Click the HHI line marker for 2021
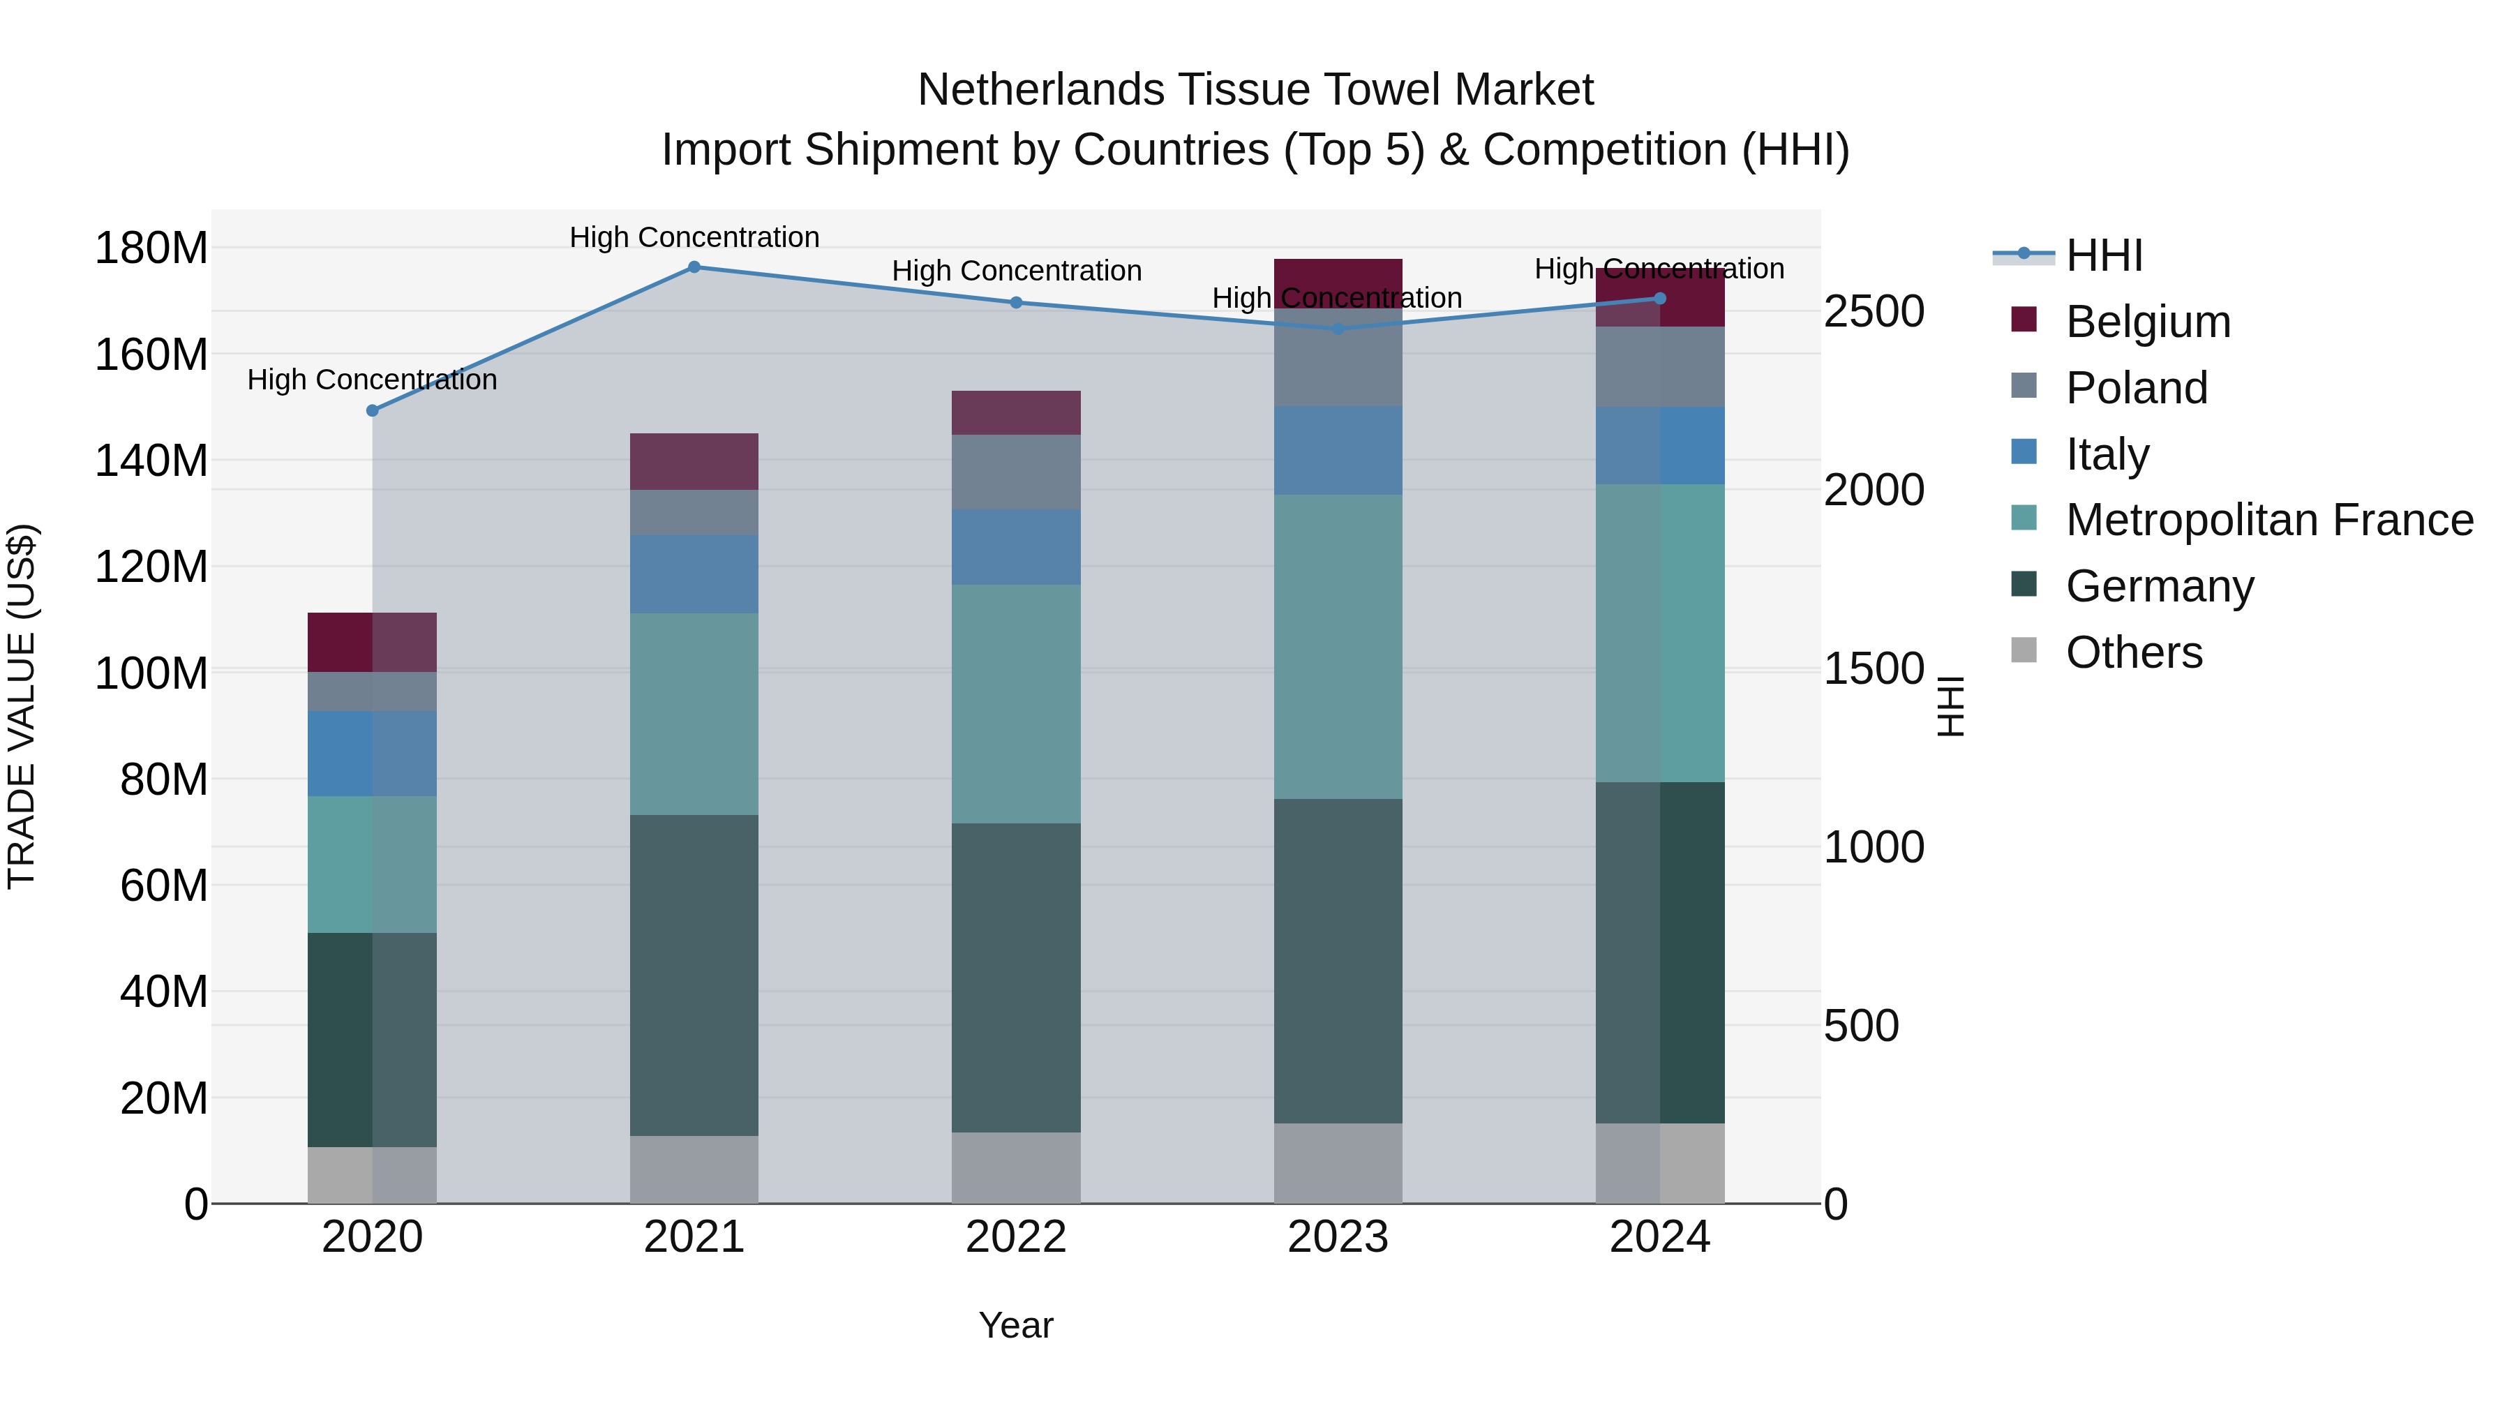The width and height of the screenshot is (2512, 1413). point(694,267)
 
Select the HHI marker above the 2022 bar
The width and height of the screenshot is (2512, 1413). point(1016,302)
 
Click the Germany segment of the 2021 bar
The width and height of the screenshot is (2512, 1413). point(694,975)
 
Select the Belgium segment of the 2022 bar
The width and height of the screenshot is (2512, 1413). point(1016,412)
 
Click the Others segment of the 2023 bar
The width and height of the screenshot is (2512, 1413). point(1338,1162)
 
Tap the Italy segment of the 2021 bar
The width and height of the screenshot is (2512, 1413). point(694,574)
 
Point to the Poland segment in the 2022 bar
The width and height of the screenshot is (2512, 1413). point(1016,472)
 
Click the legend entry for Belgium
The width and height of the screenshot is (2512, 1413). point(2147,321)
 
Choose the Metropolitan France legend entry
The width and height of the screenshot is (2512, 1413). point(2268,520)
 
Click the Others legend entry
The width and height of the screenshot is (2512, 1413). point(2134,652)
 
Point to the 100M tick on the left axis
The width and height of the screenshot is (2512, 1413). point(151,673)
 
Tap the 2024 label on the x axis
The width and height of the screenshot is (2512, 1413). point(1660,1236)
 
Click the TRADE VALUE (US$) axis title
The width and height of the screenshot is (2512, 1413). point(22,706)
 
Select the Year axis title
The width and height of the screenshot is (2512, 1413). point(1016,1325)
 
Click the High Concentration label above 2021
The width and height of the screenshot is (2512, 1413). point(694,237)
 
